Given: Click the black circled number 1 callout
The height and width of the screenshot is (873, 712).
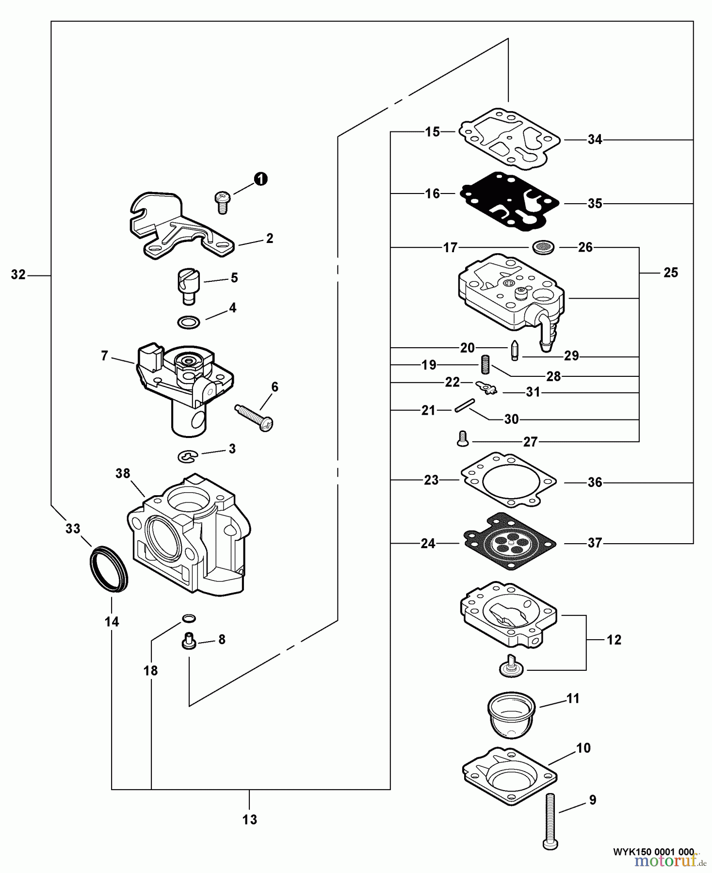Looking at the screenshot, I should tap(261, 179).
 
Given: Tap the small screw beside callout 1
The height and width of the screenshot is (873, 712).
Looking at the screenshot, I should tap(222, 202).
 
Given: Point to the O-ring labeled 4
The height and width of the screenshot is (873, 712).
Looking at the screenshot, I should tap(189, 322).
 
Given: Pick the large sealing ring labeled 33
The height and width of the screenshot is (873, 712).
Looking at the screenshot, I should tap(109, 569).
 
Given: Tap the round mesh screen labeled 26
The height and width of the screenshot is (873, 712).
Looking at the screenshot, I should tap(543, 247).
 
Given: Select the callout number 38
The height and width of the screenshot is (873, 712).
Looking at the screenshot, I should tap(123, 473).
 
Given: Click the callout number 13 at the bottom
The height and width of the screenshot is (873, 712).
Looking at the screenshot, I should tap(250, 820).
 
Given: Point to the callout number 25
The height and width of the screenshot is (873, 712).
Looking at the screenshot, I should tap(670, 273).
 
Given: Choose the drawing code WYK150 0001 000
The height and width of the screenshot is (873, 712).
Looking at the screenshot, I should tap(653, 852).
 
